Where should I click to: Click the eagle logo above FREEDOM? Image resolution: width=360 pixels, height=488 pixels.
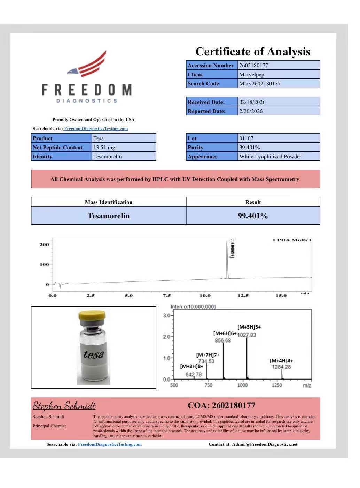[x=87, y=65]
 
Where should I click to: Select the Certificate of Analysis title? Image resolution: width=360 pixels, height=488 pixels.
[x=252, y=52]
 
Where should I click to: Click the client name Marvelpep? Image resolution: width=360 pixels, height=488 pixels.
[x=252, y=74]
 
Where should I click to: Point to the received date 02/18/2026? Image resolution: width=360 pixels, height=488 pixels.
[x=252, y=102]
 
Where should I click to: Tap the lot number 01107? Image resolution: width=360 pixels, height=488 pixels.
[x=246, y=138]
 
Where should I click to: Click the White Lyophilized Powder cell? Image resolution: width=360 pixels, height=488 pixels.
[x=270, y=156]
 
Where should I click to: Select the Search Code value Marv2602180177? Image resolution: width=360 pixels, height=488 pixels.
[x=260, y=83]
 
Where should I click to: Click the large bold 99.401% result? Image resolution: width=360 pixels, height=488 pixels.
[x=253, y=216]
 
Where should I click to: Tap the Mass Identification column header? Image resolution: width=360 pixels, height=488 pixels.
[x=109, y=202]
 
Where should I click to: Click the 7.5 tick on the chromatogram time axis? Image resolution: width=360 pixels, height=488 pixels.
[x=167, y=295]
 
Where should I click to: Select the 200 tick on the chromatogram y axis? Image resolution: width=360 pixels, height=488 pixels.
[x=44, y=244]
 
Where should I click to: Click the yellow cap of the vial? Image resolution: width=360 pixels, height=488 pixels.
[x=92, y=317]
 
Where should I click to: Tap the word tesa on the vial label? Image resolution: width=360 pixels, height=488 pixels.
[x=94, y=354]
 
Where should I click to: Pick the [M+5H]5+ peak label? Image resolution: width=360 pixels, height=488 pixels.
[x=249, y=327]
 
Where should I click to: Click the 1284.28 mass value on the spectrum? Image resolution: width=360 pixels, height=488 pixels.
[x=281, y=367]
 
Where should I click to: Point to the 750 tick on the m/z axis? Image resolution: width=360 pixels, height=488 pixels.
[x=208, y=385]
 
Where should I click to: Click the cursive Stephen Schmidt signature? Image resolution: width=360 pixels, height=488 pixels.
[x=64, y=406]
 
